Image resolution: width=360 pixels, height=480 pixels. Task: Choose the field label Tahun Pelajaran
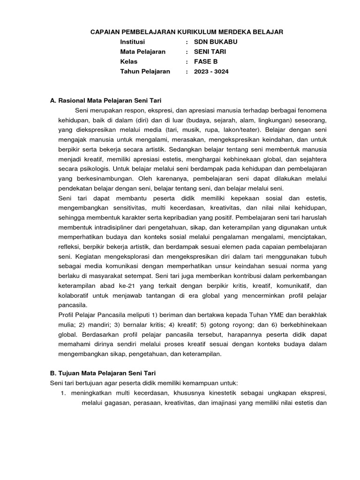pyautogui.click(x=145, y=72)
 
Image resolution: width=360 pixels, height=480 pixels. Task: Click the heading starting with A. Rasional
pyautogui.click(x=105, y=100)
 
